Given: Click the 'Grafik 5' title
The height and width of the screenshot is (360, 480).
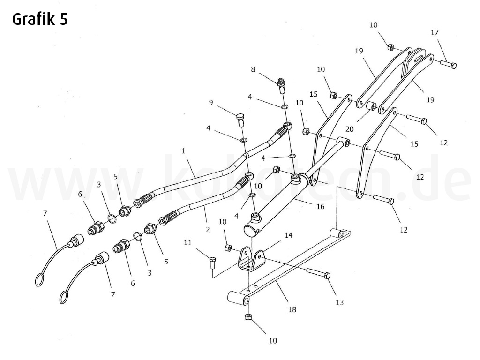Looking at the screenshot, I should pos(40,19).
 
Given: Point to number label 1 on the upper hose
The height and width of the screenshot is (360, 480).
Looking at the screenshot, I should pos(184,150).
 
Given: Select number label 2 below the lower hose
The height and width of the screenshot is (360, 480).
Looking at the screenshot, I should pos(207,230).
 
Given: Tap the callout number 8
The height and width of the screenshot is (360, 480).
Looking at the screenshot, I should pos(253,69).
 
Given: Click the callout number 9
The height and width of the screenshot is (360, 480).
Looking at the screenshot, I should pos(211,102).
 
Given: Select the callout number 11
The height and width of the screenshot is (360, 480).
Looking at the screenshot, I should pos(188,242).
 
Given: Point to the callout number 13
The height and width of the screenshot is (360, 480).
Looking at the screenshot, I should pos(339,302).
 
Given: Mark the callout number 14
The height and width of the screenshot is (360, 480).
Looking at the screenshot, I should pos(289,235).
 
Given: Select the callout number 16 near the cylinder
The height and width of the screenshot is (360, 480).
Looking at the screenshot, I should pos(321,206).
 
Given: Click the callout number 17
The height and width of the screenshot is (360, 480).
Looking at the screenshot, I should pos(435,32).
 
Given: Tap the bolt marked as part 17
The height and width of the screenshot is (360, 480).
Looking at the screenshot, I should pos(449,65).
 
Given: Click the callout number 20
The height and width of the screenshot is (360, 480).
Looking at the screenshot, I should pos(349,129).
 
